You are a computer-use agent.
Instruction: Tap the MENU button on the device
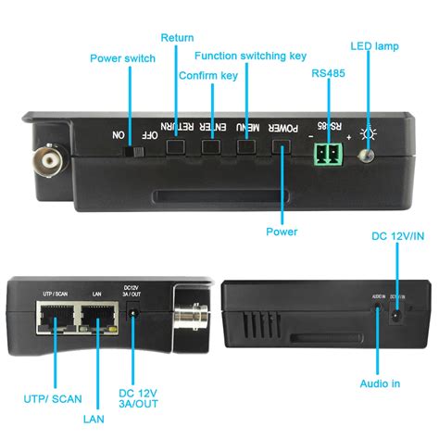[246, 147]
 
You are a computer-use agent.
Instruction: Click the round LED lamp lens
[368, 154]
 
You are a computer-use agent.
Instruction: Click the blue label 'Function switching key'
[250, 56]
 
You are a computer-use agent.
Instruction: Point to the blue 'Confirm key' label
[208, 75]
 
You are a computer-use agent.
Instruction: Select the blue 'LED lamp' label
[375, 45]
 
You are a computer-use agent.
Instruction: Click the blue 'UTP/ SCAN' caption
[53, 399]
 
